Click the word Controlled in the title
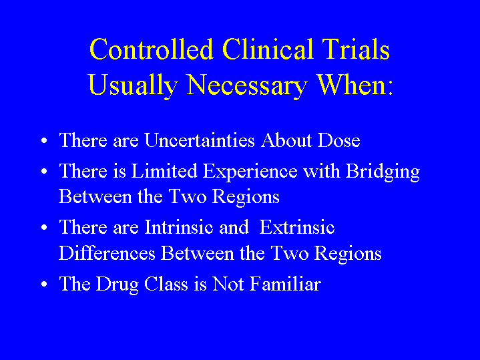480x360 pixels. click(x=152, y=49)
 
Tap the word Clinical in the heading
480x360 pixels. click(x=268, y=49)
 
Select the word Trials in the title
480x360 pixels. click(x=356, y=49)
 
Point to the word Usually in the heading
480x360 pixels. click(x=133, y=85)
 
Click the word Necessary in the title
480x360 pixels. click(x=247, y=85)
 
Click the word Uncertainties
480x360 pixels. click(x=200, y=140)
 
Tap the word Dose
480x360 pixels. click(x=338, y=140)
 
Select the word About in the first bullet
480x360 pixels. click(x=286, y=140)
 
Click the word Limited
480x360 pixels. click(x=164, y=171)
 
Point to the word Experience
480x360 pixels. click(x=250, y=172)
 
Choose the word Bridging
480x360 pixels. click(x=383, y=172)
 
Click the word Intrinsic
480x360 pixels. click(x=178, y=227)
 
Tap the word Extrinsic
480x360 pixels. click(x=296, y=227)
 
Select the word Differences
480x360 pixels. click(x=107, y=253)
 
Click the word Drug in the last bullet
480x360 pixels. click(x=117, y=285)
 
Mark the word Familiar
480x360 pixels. click(x=285, y=284)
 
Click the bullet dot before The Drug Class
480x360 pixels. click(x=44, y=284)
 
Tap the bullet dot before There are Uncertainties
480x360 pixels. click(x=44, y=141)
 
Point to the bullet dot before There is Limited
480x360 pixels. click(x=44, y=171)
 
